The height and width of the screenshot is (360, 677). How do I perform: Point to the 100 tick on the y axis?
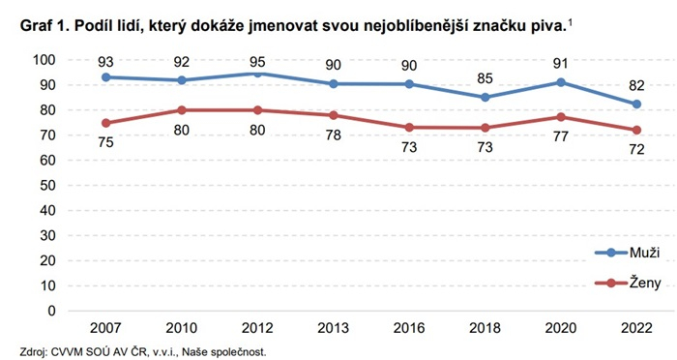click(x=44, y=60)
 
